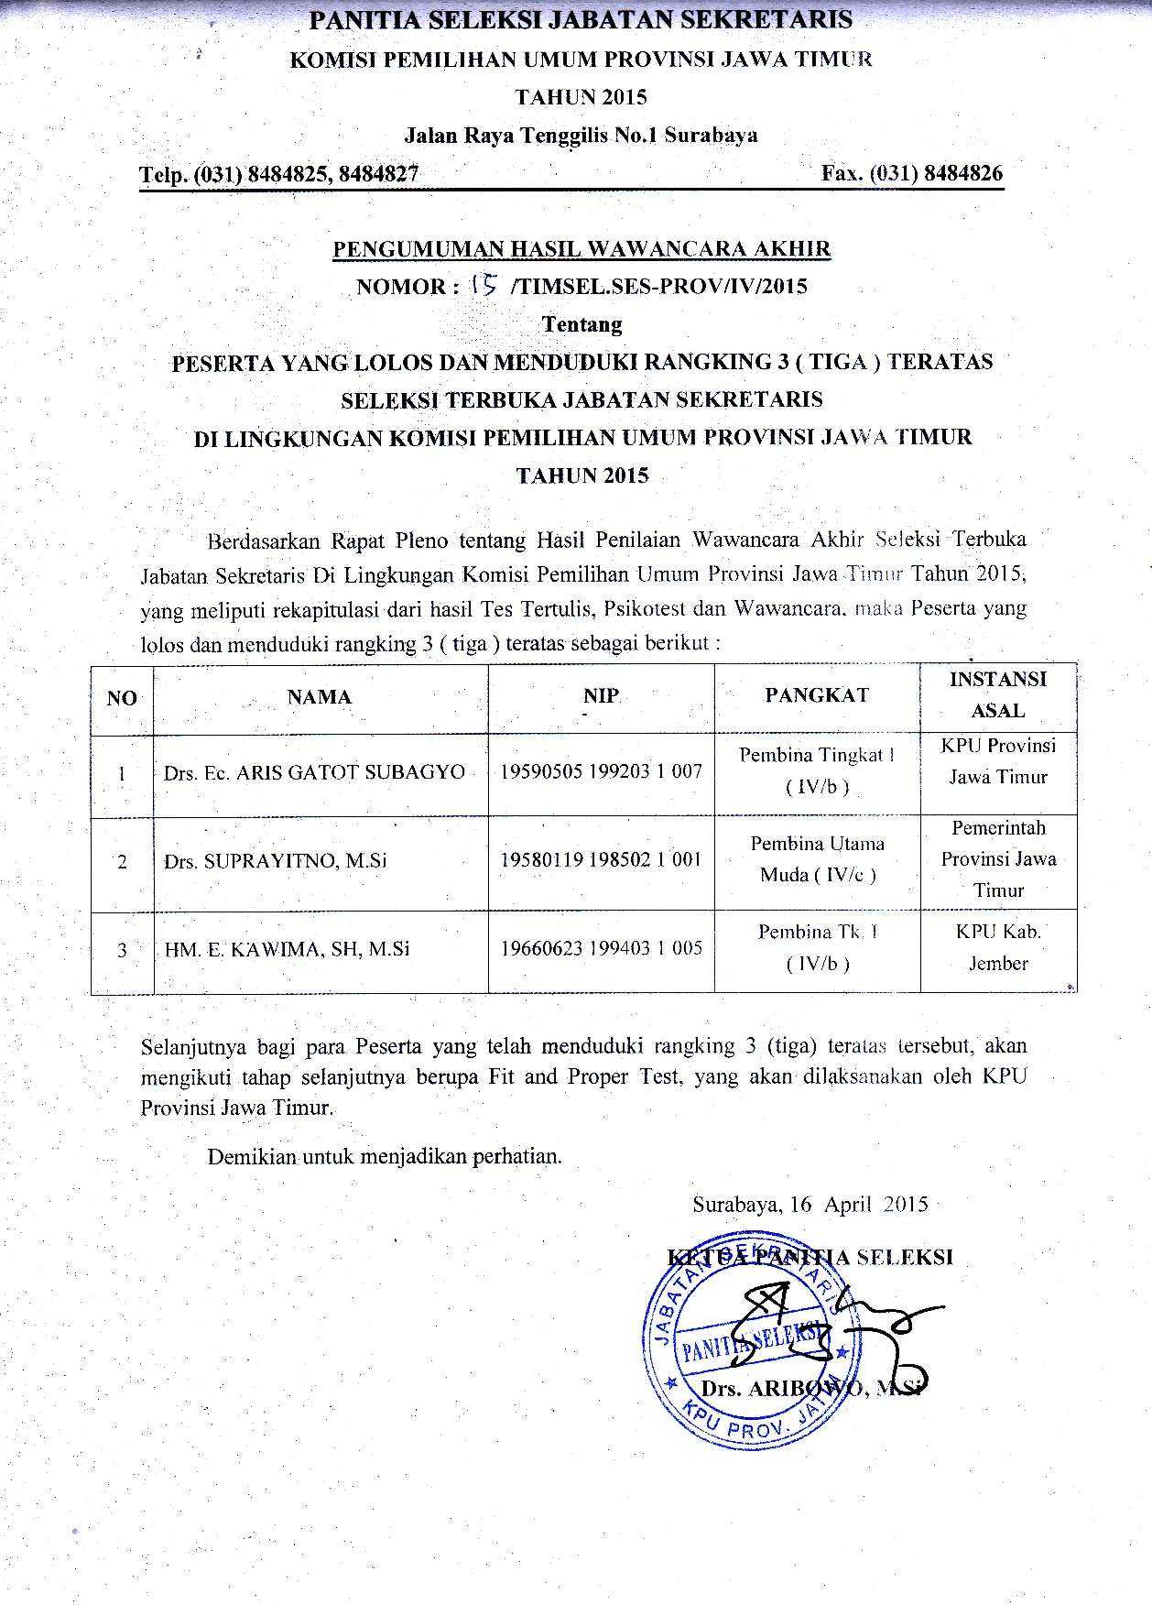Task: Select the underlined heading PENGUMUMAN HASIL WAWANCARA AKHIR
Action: coord(581,248)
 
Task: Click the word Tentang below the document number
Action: coord(581,324)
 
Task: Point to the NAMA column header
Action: coord(320,697)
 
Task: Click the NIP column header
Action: coord(601,695)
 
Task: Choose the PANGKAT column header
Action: coord(816,695)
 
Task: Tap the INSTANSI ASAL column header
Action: coord(997,694)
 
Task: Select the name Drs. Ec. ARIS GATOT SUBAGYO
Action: coord(314,772)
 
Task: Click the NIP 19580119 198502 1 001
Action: coord(601,859)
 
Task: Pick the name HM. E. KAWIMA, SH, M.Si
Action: coord(287,949)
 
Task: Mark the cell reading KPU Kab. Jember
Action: coord(998,947)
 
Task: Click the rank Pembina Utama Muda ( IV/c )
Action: coord(818,858)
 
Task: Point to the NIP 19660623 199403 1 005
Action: coord(601,947)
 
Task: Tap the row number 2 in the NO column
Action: coord(122,862)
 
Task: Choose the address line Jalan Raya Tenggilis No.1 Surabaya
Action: coord(581,136)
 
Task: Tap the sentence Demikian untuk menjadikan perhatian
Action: coord(385,1156)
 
